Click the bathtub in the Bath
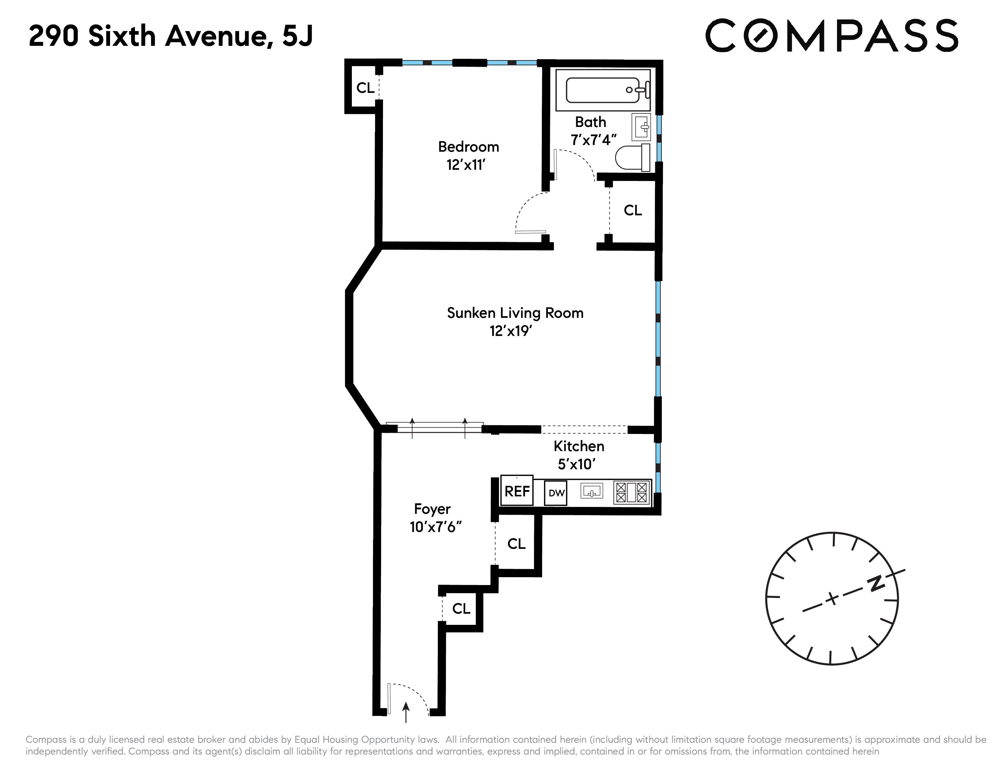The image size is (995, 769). tap(603, 90)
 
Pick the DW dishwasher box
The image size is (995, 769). tap(556, 493)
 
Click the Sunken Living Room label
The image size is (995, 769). tap(515, 313)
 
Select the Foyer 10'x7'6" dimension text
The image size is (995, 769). tap(436, 527)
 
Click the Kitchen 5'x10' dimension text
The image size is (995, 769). tap(577, 464)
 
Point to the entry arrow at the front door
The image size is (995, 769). tap(406, 712)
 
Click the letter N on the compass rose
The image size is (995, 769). tap(875, 584)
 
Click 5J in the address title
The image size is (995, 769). tap(298, 36)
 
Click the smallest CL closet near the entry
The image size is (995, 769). tap(461, 609)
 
